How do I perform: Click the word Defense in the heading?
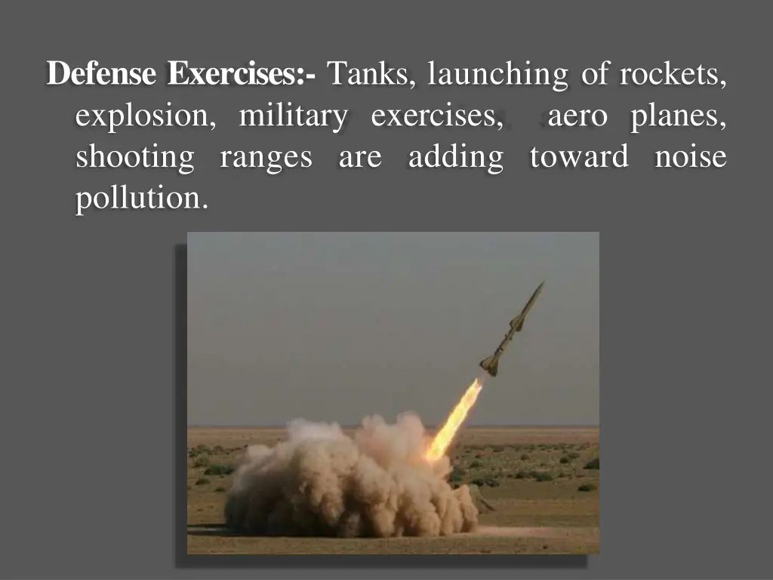coord(103,75)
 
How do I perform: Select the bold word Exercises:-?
coord(242,75)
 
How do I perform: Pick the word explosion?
coord(143,118)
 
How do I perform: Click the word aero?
coord(577,118)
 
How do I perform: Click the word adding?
coord(455,158)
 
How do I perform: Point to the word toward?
coord(578,158)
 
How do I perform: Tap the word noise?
coord(691,158)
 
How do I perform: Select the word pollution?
coord(140,199)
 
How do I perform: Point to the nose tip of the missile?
coord(541,284)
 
